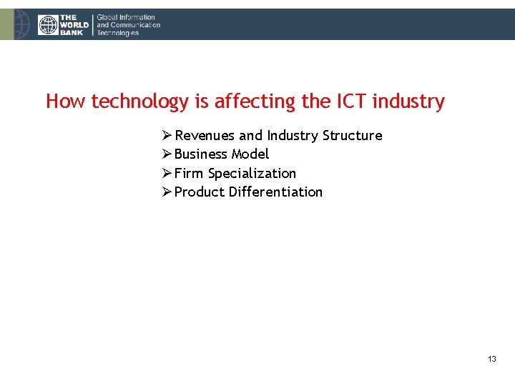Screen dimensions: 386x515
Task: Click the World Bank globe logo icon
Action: (x=48, y=25)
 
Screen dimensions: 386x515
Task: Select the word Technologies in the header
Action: (x=118, y=33)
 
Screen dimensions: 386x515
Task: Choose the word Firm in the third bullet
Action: (x=189, y=174)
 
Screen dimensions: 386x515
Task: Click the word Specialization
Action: (x=252, y=174)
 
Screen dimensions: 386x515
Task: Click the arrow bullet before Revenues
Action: (x=167, y=136)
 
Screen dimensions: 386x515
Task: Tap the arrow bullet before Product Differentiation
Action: (x=167, y=192)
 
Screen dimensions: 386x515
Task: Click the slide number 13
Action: (x=491, y=359)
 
